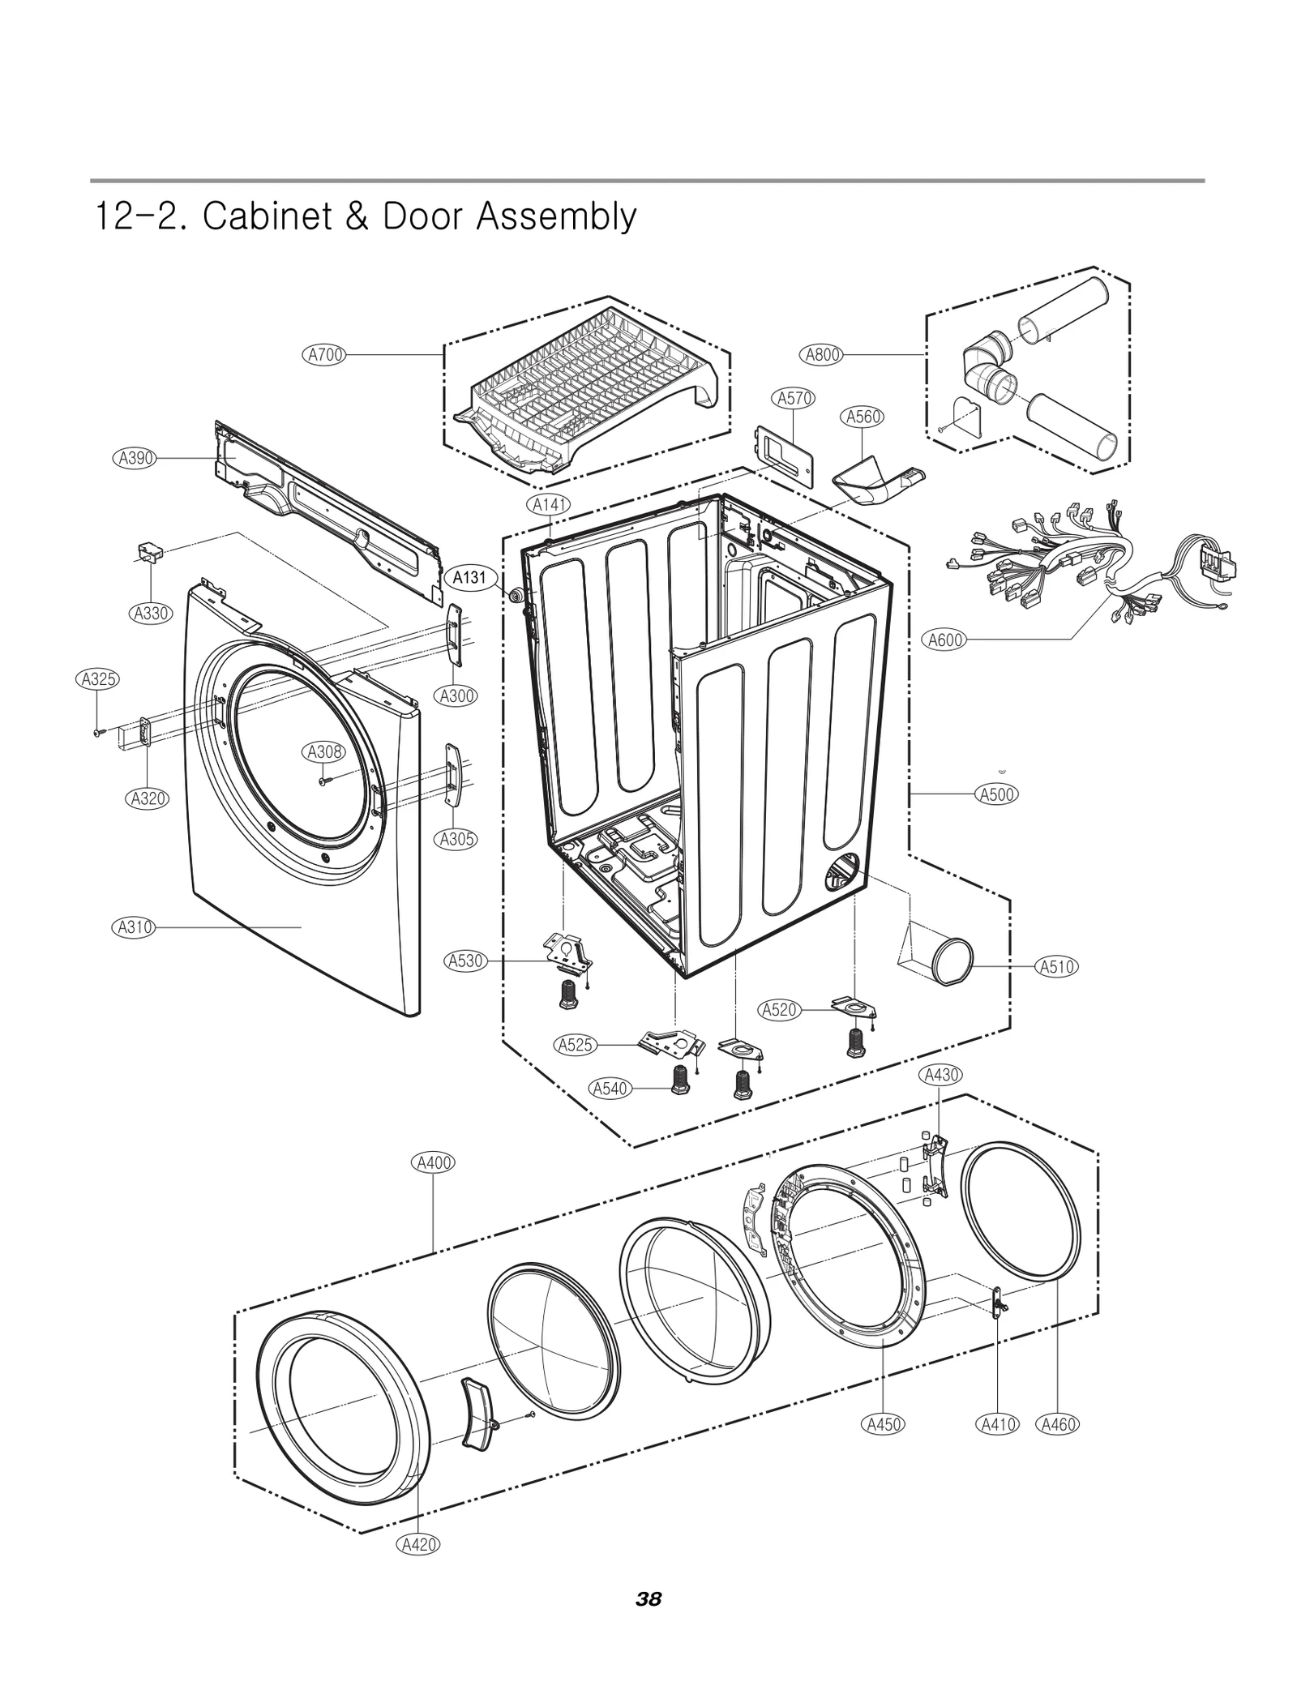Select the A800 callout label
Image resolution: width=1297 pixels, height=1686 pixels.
(822, 354)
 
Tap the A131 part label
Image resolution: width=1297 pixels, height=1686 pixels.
(469, 578)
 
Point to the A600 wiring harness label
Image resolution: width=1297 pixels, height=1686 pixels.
(945, 640)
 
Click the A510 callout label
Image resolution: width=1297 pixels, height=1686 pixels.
(1057, 966)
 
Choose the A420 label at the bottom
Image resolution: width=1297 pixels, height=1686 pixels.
(418, 1544)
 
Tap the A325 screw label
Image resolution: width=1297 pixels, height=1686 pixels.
(99, 679)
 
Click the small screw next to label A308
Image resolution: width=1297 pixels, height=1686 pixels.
(324, 781)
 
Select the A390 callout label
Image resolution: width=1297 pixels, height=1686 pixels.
(133, 458)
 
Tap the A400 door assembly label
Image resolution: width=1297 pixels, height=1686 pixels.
(433, 1162)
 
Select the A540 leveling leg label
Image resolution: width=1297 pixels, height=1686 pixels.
(610, 1088)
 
